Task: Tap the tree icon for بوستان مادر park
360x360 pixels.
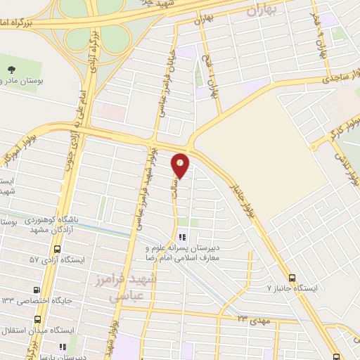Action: tap(12, 69)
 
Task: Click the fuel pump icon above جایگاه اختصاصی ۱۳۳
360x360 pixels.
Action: tap(37, 290)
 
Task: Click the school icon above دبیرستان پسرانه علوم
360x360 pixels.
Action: tap(182, 238)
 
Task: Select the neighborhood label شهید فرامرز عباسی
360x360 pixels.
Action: tap(135, 287)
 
